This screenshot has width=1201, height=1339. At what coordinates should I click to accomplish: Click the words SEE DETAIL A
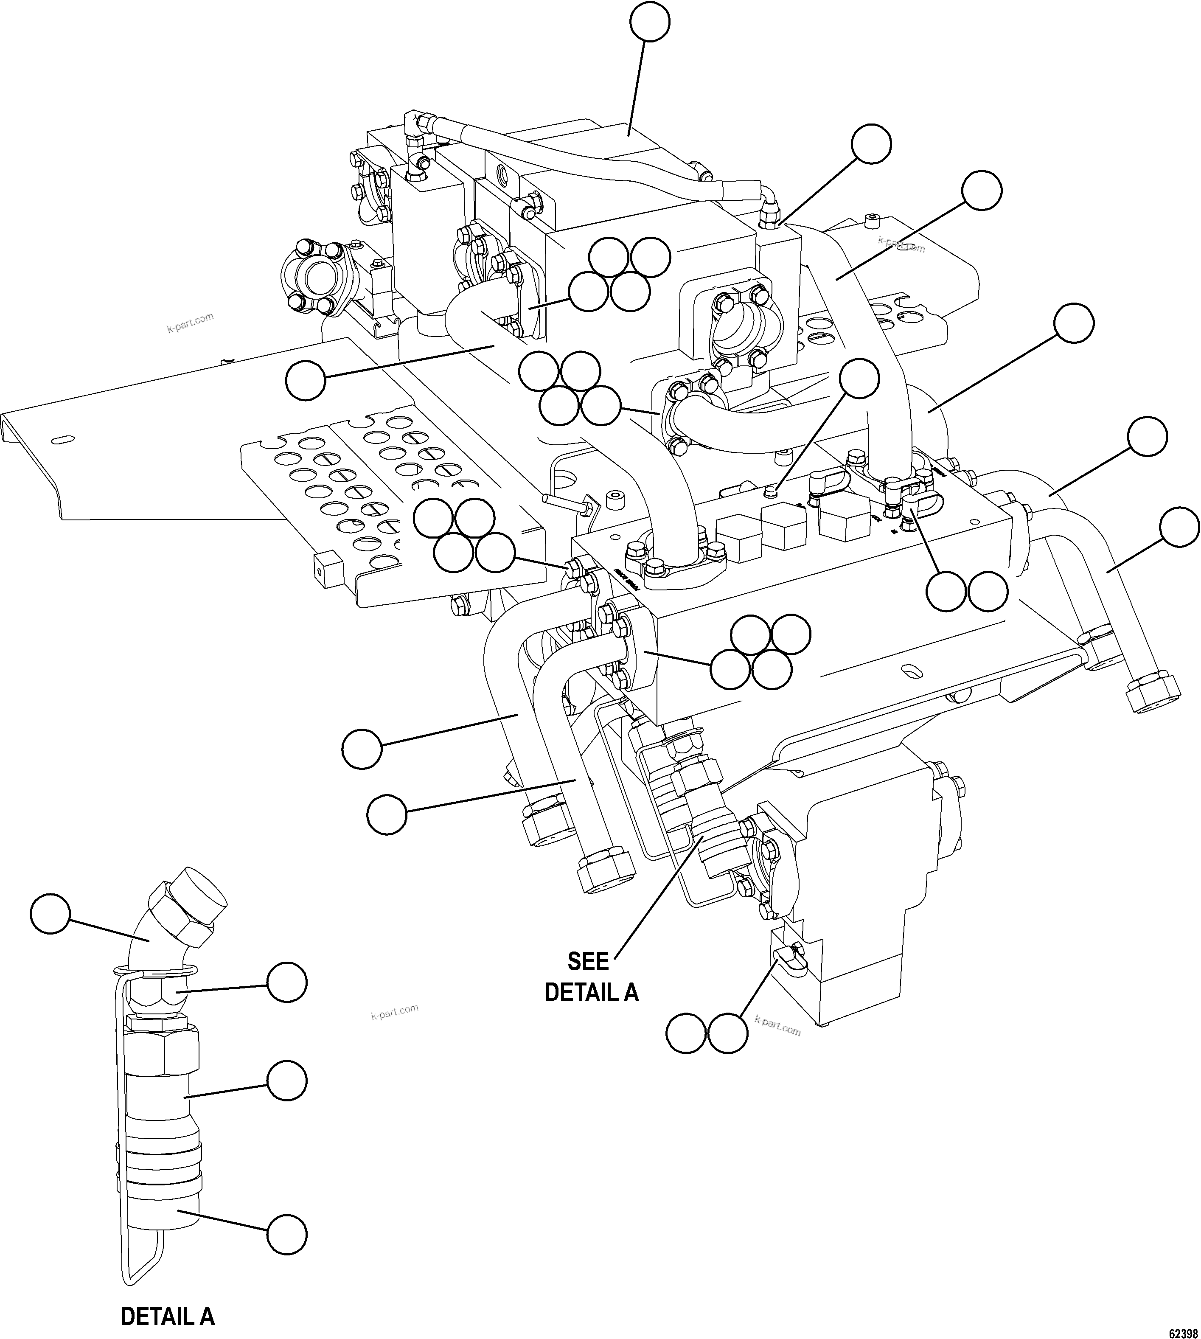tap(591, 977)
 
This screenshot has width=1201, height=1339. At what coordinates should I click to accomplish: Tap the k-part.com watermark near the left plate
tap(190, 322)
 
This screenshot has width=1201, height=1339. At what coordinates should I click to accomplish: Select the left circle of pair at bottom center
tap(686, 1033)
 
